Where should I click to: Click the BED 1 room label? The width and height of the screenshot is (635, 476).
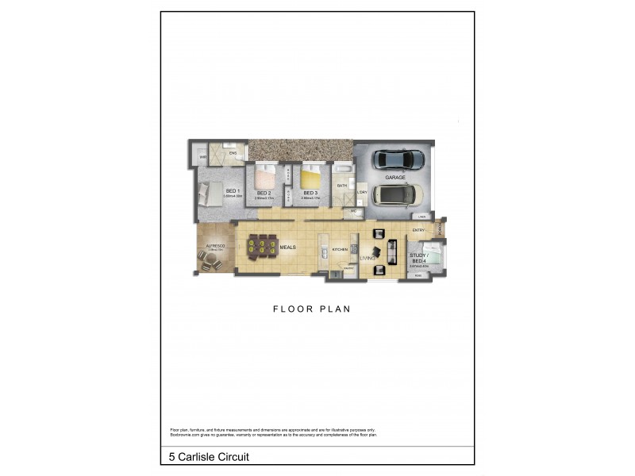(x=233, y=191)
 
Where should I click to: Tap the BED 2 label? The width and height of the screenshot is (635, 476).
(x=264, y=194)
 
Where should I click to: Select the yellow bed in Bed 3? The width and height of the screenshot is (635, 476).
(x=310, y=176)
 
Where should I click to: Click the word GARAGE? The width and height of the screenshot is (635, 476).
(x=394, y=177)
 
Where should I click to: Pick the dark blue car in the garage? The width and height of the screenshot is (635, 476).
(x=398, y=159)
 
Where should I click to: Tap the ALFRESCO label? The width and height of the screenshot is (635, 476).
(x=216, y=247)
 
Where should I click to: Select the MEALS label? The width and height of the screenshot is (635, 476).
(x=288, y=248)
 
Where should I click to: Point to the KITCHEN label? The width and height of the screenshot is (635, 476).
(x=341, y=249)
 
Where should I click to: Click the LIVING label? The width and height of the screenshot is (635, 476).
(x=367, y=257)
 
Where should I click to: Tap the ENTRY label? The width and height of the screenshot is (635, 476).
(x=418, y=231)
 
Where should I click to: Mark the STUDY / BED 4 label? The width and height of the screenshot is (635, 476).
(x=418, y=258)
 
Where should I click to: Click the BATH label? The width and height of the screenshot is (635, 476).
(x=342, y=186)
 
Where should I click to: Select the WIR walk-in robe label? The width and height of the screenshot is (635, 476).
(x=203, y=158)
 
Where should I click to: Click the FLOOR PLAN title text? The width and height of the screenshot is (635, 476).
(x=312, y=309)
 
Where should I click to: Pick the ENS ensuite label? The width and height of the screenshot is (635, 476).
(x=233, y=152)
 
